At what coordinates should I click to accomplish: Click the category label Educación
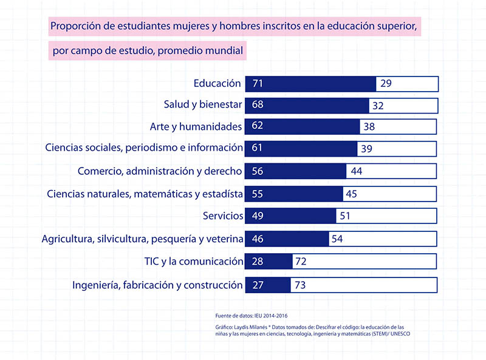point(217,84)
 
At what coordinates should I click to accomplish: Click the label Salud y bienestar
point(203,104)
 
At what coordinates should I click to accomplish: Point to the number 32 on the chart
point(378,106)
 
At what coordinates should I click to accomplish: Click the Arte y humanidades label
point(196,126)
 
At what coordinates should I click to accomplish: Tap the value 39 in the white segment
point(366,148)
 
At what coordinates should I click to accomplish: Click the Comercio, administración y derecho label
point(160,171)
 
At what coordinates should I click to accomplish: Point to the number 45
point(351,194)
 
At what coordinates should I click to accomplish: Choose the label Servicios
point(223,216)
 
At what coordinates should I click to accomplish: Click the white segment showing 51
point(386,216)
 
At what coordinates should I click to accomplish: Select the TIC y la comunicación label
point(194,262)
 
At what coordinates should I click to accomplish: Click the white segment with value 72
point(364,262)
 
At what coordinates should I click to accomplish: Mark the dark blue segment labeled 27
point(267,285)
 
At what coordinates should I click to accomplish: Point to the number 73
point(299,285)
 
